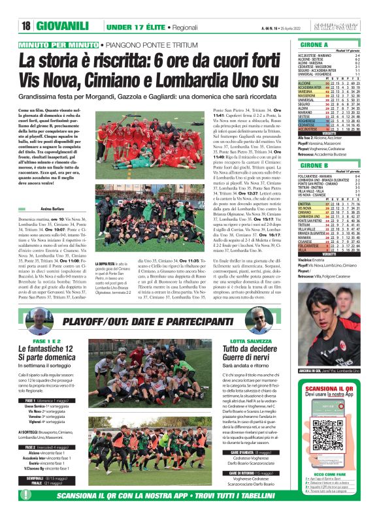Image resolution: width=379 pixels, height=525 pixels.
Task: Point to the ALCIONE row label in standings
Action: [305, 84]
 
